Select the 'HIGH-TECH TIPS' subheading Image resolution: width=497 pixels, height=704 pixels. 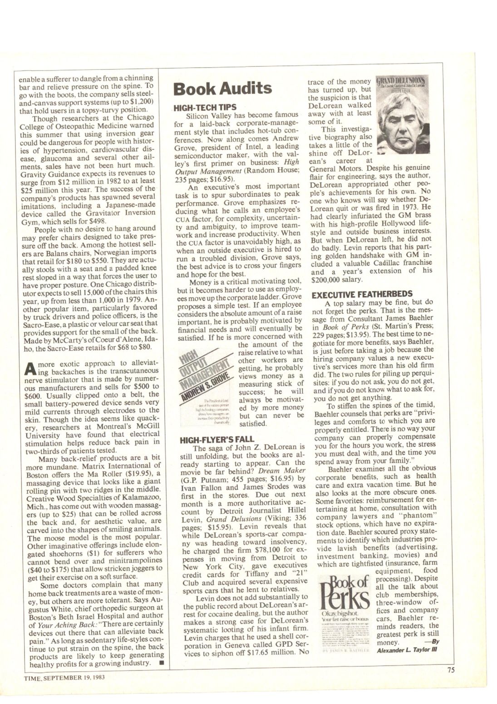click(205, 107)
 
